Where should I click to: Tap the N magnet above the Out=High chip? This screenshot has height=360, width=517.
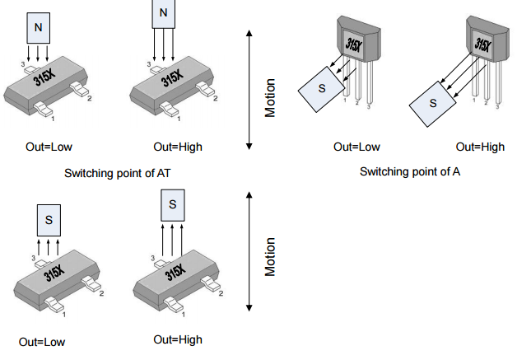(164, 12)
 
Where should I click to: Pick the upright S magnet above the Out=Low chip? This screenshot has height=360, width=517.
(49, 220)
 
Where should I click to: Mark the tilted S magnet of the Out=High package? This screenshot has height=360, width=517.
(435, 105)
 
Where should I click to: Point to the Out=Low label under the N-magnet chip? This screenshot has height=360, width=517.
(49, 147)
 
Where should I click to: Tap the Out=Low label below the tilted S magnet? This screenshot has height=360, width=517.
(356, 147)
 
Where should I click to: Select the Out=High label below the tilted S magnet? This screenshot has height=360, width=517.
(480, 147)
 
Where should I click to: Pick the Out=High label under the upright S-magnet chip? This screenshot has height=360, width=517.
(178, 339)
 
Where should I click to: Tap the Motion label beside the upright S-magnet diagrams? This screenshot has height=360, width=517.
(269, 256)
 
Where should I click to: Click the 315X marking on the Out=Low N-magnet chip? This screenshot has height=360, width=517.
(46, 79)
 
